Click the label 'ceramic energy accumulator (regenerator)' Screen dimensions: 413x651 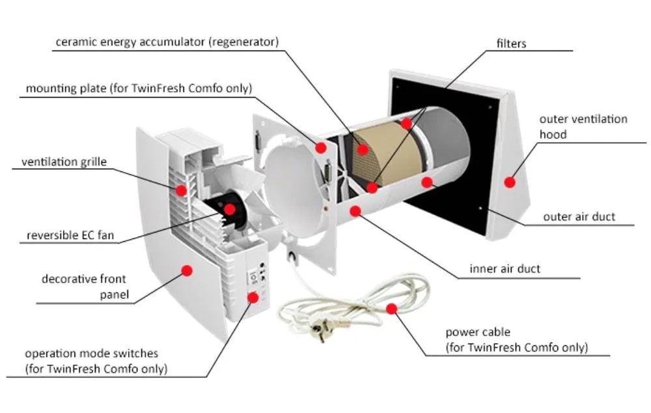tap(167, 42)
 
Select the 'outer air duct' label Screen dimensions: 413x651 tap(579, 217)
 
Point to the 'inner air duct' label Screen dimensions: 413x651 tap(505, 268)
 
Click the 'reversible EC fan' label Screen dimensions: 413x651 tap(70, 235)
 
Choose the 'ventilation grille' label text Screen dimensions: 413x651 tap(64, 162)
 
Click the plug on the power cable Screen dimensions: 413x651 tap(323, 334)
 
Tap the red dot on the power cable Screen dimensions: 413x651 tap(391, 308)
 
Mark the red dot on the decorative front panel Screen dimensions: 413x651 tap(187, 270)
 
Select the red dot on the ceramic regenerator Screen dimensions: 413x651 tap(363, 149)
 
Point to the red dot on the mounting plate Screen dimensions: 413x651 tap(320, 148)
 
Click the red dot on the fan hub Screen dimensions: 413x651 tap(229, 209)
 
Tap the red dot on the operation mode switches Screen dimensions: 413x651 tap(253, 297)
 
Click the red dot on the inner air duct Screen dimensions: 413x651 tap(355, 210)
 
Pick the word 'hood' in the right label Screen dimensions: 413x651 tap(553, 135)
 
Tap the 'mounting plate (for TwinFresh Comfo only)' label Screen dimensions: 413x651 tap(139, 88)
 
